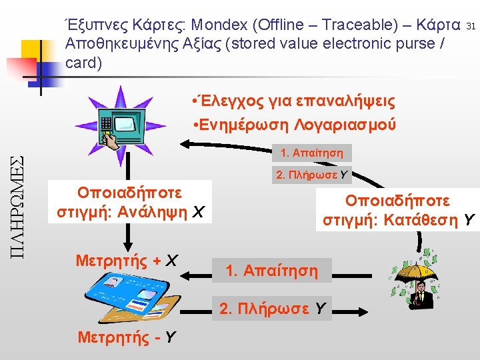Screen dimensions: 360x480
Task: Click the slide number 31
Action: [x=471, y=26]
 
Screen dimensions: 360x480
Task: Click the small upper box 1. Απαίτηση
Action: [x=312, y=153]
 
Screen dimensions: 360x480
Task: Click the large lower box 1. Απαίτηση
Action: [x=271, y=271]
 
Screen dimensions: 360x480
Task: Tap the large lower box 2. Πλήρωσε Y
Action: [x=272, y=308]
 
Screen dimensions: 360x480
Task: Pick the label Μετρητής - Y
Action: [x=127, y=337]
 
